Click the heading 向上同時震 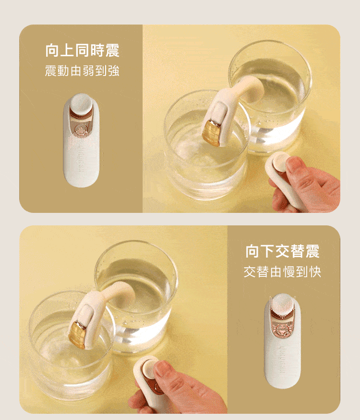82,51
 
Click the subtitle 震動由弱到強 82,72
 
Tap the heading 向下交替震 282,251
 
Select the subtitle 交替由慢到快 282,272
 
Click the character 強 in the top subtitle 114,72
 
